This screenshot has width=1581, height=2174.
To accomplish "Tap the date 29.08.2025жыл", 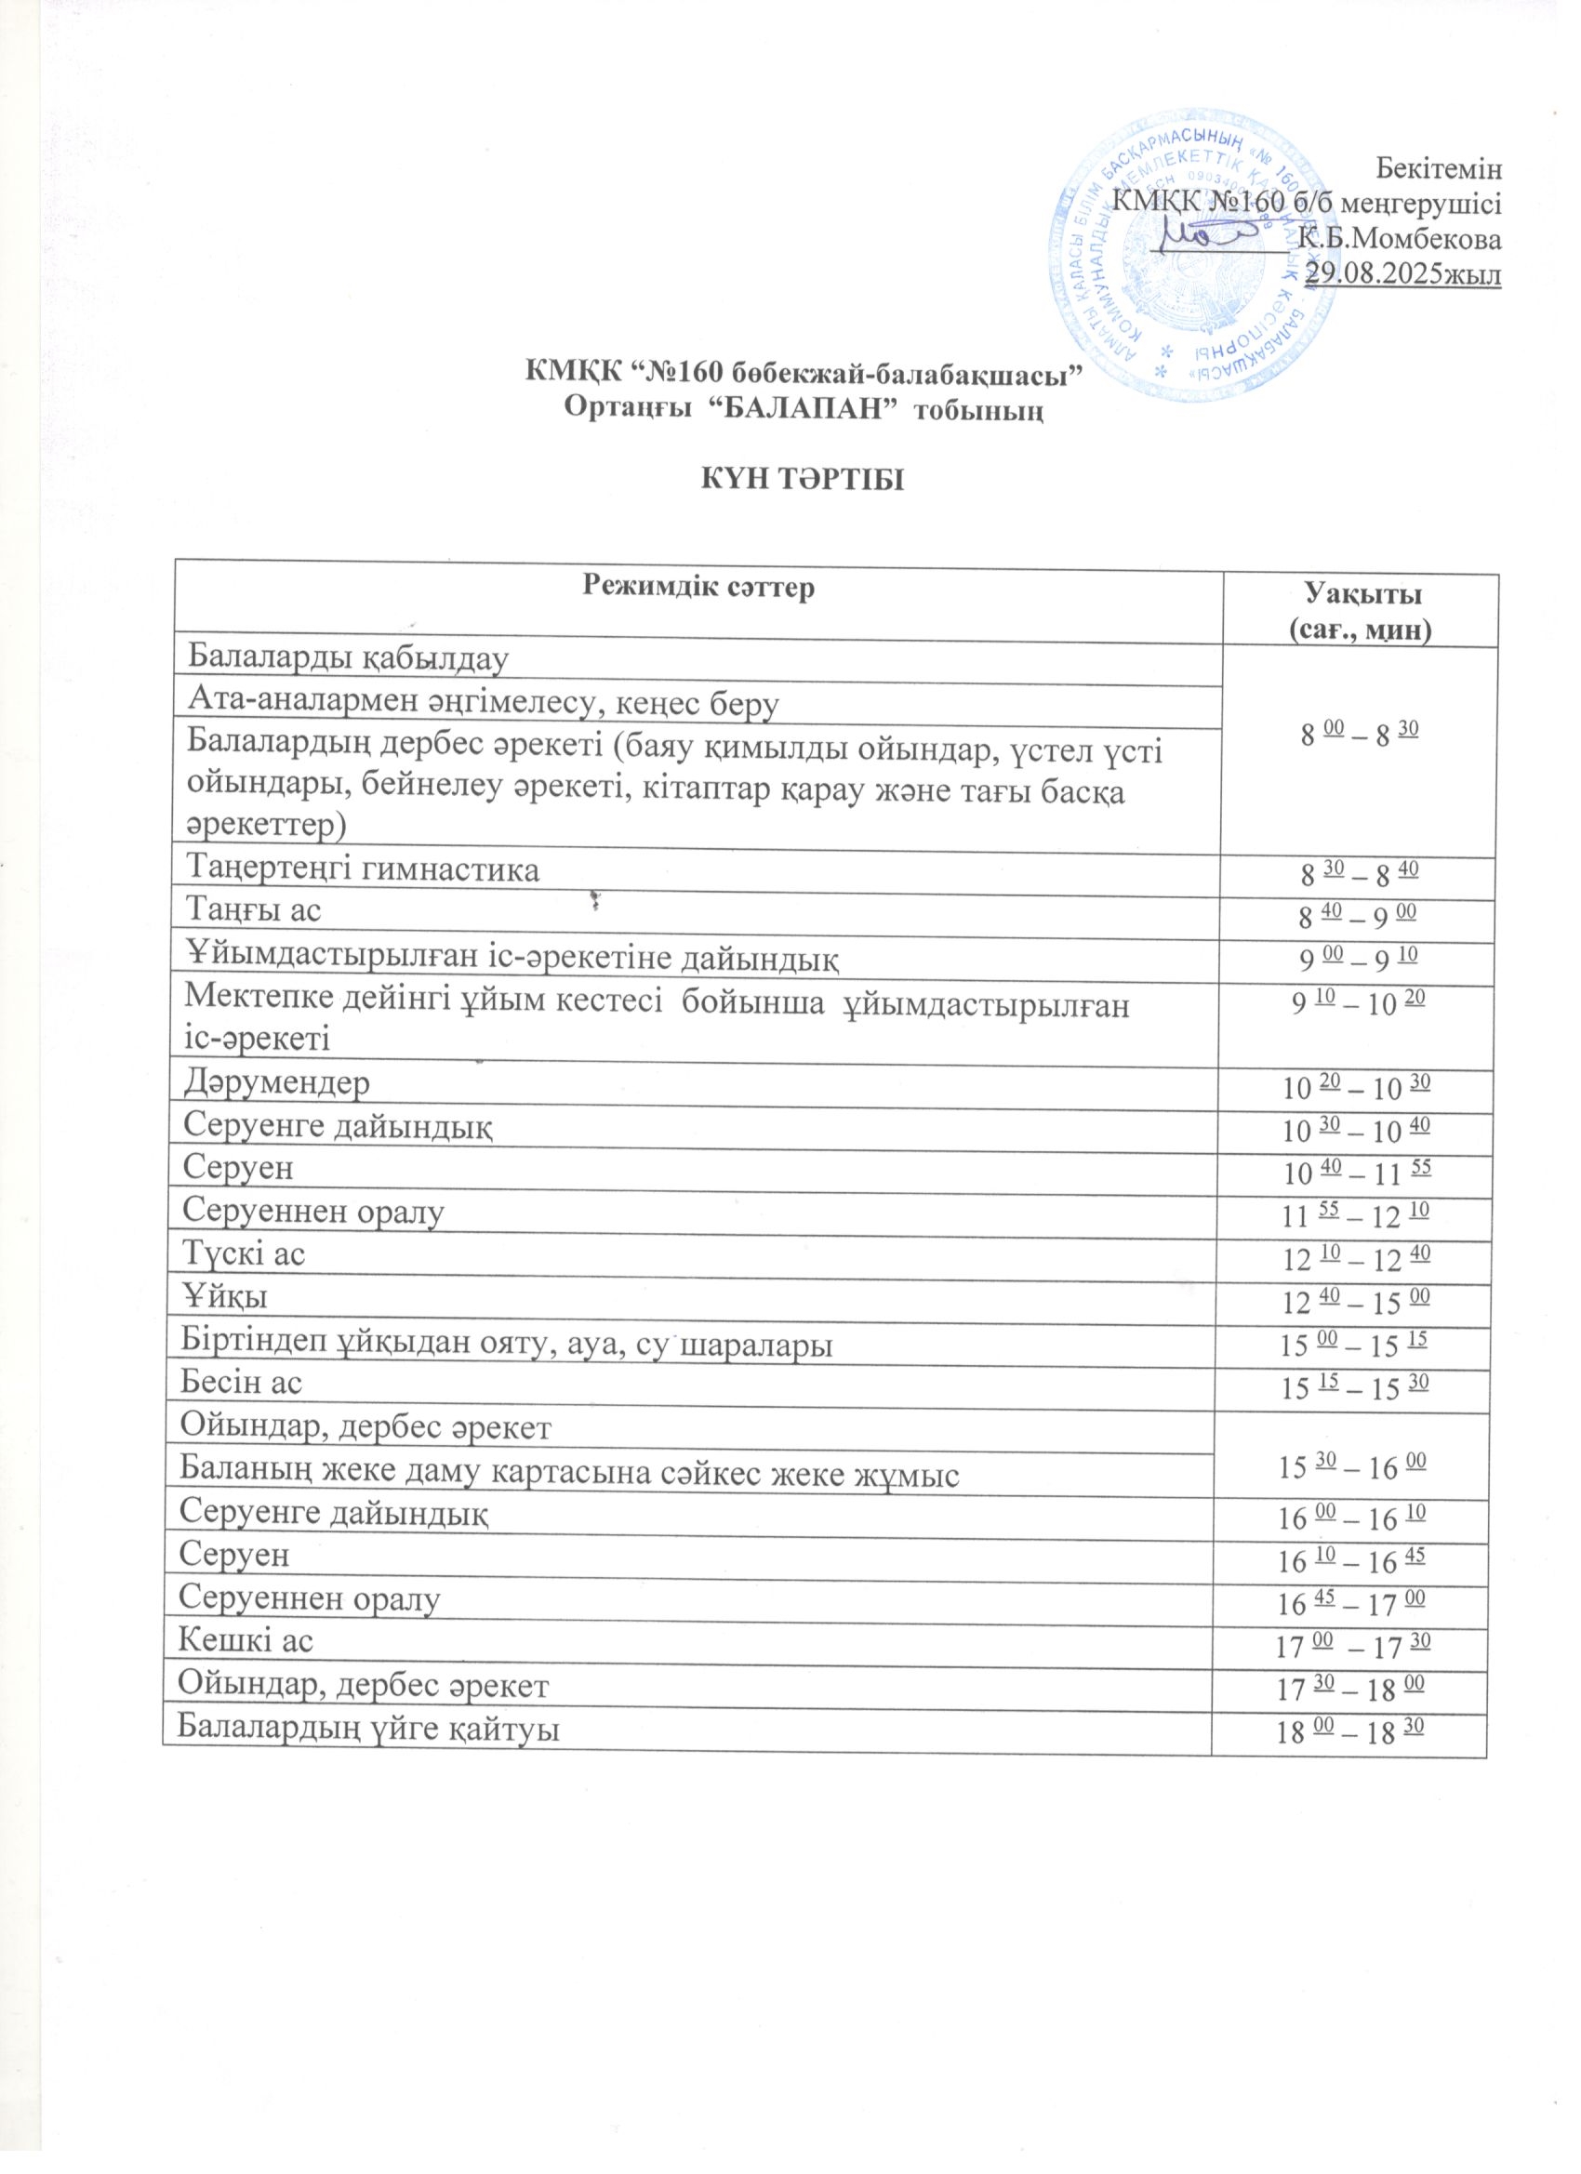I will pos(1405,272).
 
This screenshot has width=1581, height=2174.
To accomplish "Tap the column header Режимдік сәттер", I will pos(699,587).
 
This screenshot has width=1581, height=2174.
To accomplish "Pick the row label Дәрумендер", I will pos(277,1083).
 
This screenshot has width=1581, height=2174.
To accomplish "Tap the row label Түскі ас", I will pos(245,1253).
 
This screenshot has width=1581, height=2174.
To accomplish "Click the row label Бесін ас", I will pos(242,1381).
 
